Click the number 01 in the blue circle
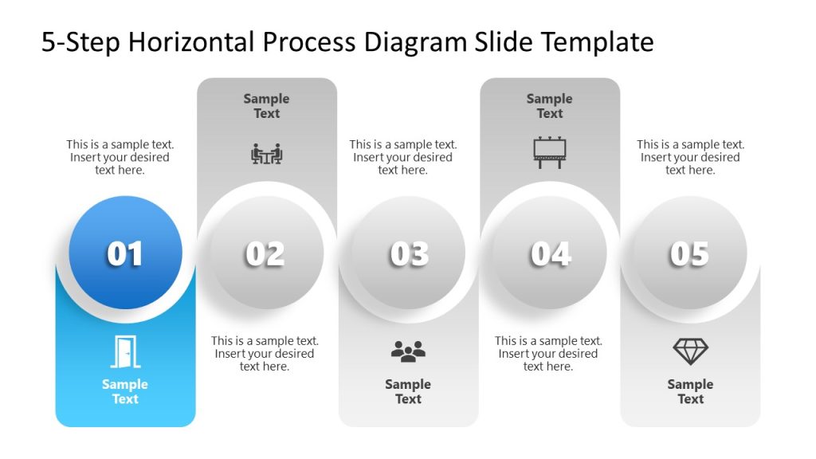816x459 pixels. (125, 253)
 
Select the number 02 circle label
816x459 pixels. (265, 253)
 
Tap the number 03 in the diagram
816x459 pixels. (409, 253)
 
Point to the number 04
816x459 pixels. (550, 253)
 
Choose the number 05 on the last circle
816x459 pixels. (689, 253)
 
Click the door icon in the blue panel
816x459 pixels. (124, 351)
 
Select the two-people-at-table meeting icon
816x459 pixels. (267, 153)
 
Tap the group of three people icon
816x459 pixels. (408, 351)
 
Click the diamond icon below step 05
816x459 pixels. (690, 351)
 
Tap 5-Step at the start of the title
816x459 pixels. (80, 41)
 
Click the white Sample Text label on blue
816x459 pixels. (125, 391)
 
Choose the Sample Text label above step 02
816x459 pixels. (266, 106)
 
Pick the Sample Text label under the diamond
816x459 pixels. (690, 391)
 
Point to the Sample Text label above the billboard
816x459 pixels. (549, 106)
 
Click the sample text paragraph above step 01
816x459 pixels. (120, 157)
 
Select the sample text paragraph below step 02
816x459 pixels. (265, 354)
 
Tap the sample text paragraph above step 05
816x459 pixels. (690, 157)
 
